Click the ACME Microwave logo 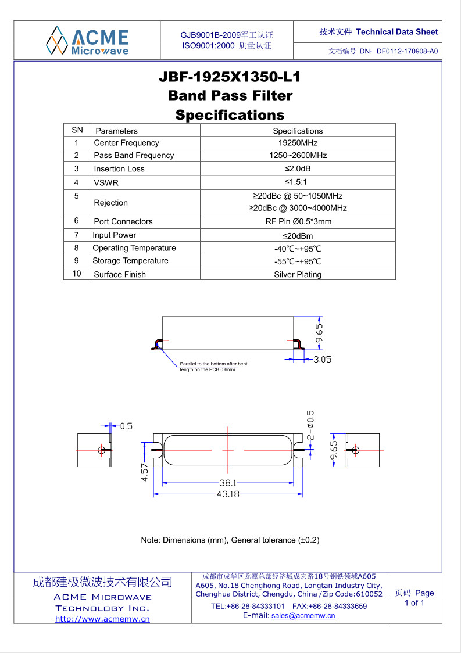[87, 40]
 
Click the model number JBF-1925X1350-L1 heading [230, 77]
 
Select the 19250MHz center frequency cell [298, 143]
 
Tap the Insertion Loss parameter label [119, 168]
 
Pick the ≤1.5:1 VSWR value [298, 182]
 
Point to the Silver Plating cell [298, 274]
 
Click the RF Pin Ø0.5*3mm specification [298, 221]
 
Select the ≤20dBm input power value [298, 235]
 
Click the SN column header [77, 131]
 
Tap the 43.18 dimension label [228, 494]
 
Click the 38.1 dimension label [227, 483]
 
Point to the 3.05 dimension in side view [322, 360]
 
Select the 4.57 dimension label [144, 471]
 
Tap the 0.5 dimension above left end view [126, 426]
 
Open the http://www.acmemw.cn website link [102, 619]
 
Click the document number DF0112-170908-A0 [407, 51]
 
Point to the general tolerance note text [230, 540]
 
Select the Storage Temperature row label [130, 261]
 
